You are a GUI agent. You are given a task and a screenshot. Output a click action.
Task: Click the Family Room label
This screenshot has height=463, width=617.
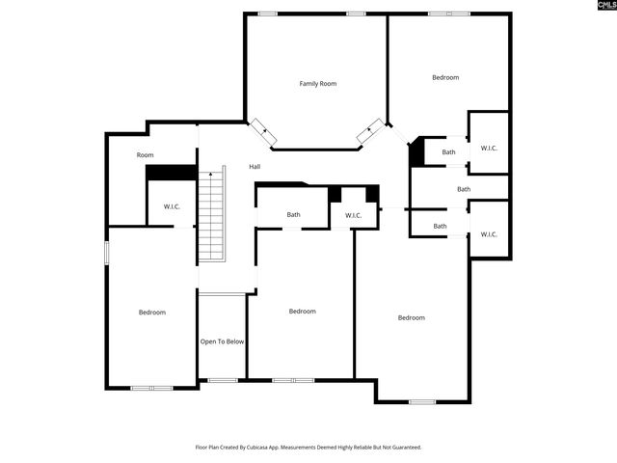click(317, 84)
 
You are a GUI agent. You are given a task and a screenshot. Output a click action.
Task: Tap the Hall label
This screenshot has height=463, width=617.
click(255, 167)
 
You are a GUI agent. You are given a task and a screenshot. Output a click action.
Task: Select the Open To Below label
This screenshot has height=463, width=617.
click(222, 341)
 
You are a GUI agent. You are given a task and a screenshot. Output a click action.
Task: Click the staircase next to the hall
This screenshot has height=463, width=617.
click(211, 214)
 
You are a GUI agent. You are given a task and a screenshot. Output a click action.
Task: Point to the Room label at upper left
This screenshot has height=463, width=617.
click(145, 155)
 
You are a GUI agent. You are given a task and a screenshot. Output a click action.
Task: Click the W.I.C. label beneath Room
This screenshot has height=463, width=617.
click(172, 206)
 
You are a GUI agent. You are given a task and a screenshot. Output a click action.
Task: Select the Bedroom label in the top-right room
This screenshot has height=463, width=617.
click(445, 77)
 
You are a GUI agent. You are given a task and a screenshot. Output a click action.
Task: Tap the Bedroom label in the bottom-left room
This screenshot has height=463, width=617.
click(152, 312)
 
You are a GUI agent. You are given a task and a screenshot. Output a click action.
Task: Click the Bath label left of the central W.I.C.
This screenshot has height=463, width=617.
click(293, 214)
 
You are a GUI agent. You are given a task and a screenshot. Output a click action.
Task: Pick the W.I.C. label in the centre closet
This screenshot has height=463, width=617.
click(353, 214)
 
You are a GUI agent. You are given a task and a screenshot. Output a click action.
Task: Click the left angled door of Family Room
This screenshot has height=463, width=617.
click(263, 132)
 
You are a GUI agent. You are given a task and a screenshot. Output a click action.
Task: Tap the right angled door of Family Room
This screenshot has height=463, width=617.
click(369, 132)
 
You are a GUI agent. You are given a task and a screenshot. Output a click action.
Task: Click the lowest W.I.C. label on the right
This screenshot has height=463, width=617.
click(488, 233)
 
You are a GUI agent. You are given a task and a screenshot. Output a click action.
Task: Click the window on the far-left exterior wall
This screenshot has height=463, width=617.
click(106, 251)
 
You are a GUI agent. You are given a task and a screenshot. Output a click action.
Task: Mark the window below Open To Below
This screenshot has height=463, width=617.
click(223, 380)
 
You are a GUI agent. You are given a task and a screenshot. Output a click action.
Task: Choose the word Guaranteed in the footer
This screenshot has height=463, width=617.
click(402, 448)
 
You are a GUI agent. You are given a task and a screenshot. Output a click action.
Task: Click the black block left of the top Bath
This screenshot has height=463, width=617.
click(416, 153)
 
